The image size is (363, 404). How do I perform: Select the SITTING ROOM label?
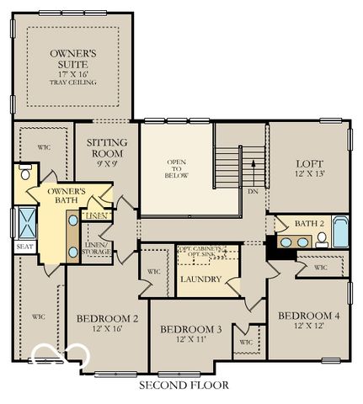click(107, 148)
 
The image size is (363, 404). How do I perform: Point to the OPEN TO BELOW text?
click(176, 168)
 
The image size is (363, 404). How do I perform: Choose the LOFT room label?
click(310, 163)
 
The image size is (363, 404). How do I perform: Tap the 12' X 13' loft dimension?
click(310, 174)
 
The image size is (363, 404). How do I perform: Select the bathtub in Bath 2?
click(339, 232)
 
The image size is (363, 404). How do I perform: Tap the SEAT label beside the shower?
click(24, 247)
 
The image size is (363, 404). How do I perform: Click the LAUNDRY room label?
click(200, 279)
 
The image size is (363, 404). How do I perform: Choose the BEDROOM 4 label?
click(309, 316)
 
